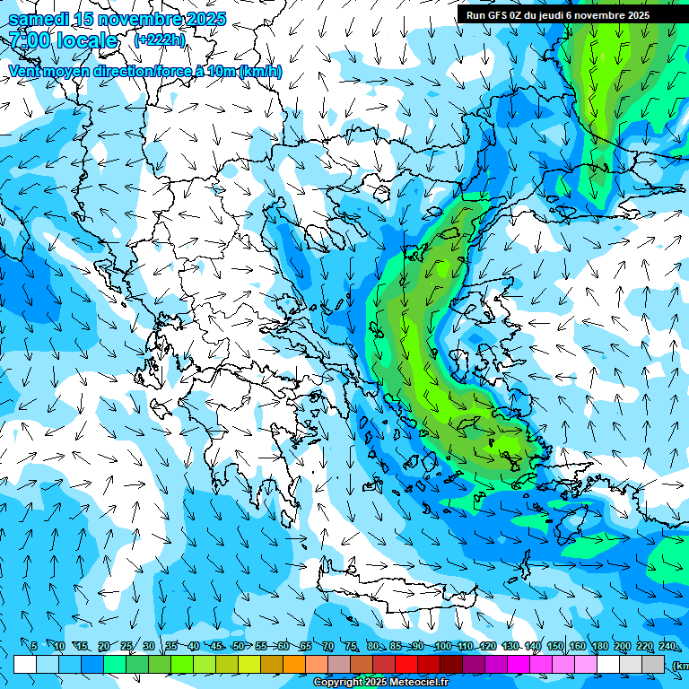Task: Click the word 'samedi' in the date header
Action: coord(38,20)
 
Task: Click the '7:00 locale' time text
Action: coord(63,41)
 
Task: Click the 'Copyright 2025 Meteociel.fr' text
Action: coord(380,683)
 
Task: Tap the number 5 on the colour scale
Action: coord(34,647)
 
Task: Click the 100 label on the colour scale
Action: coord(442,647)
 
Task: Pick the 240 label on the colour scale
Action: coord(667,647)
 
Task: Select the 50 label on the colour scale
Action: coord(239,647)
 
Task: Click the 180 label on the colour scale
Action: coord(597,647)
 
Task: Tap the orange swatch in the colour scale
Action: coord(294,665)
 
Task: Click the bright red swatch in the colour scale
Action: coord(406,665)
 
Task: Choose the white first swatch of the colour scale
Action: coord(25,665)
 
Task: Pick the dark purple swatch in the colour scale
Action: coord(474,665)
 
